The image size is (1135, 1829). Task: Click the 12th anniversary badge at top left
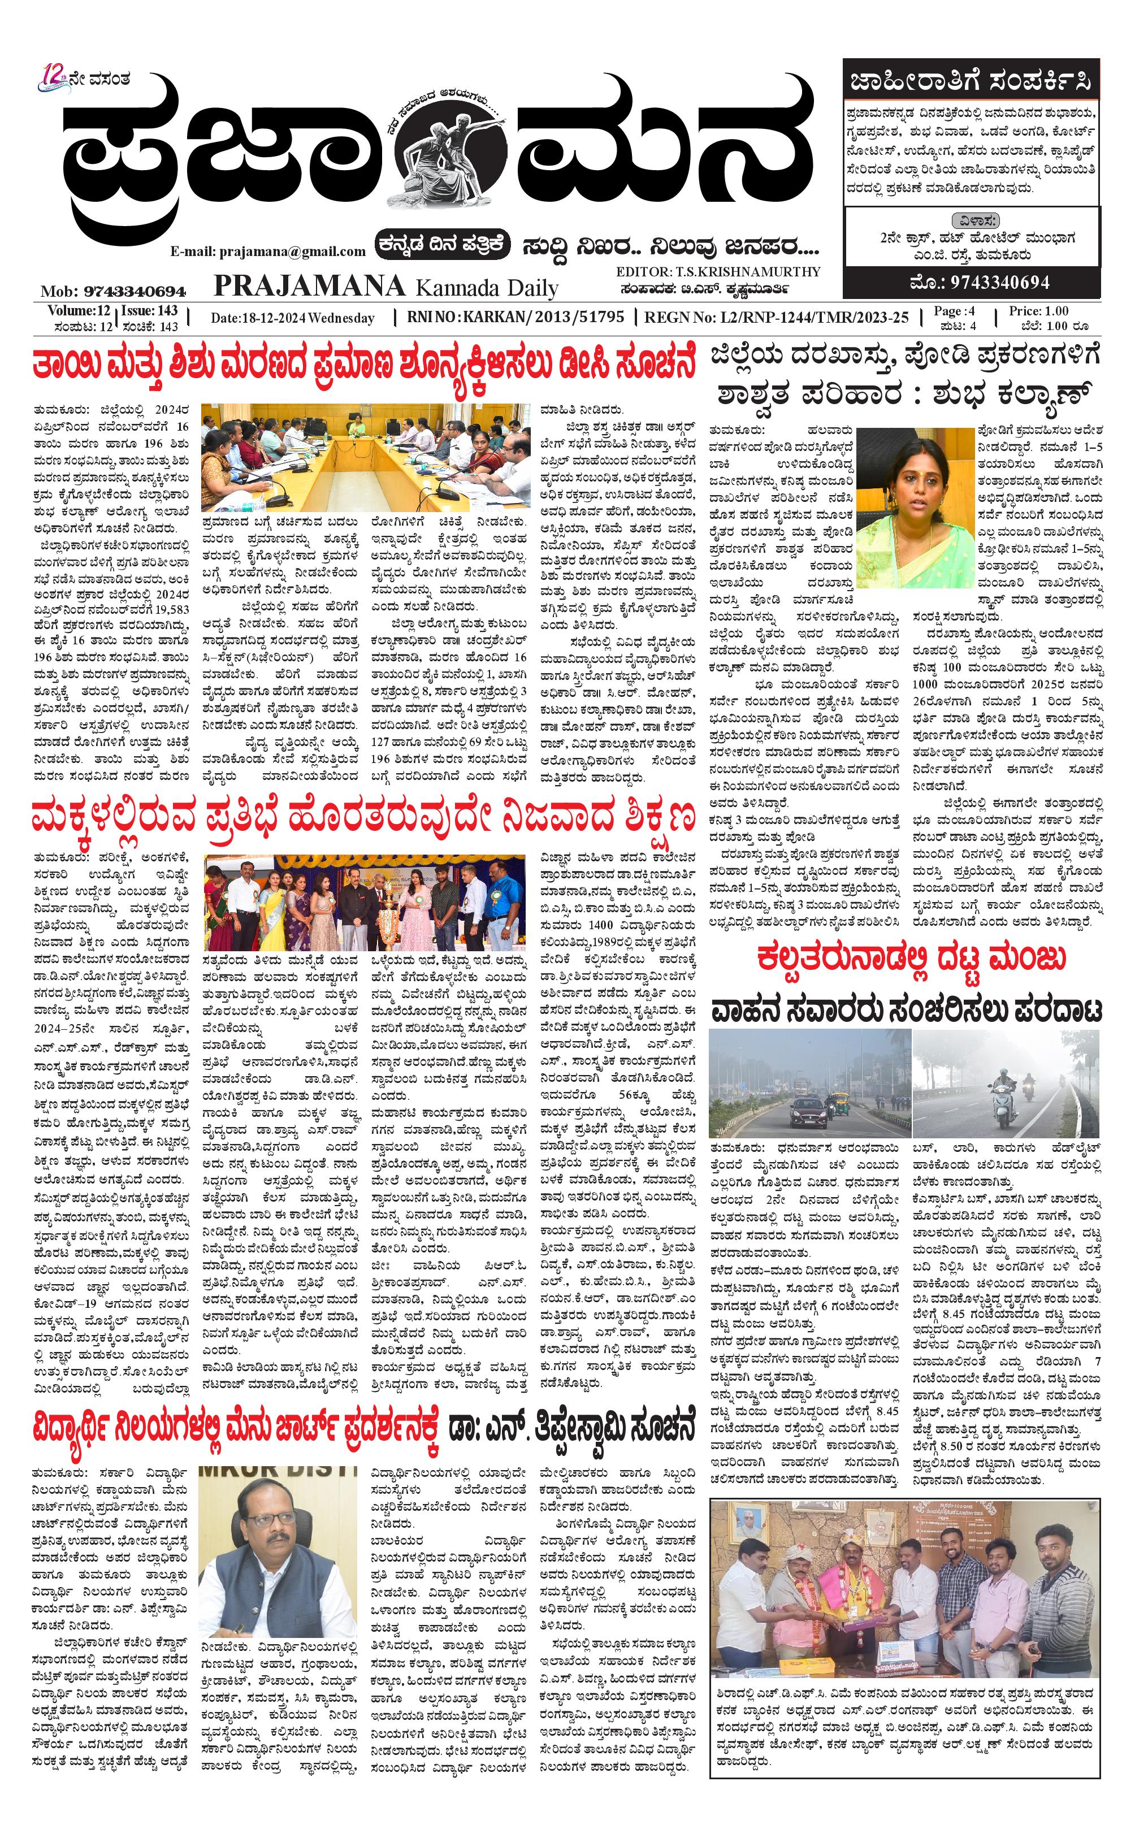pyautogui.click(x=55, y=77)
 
